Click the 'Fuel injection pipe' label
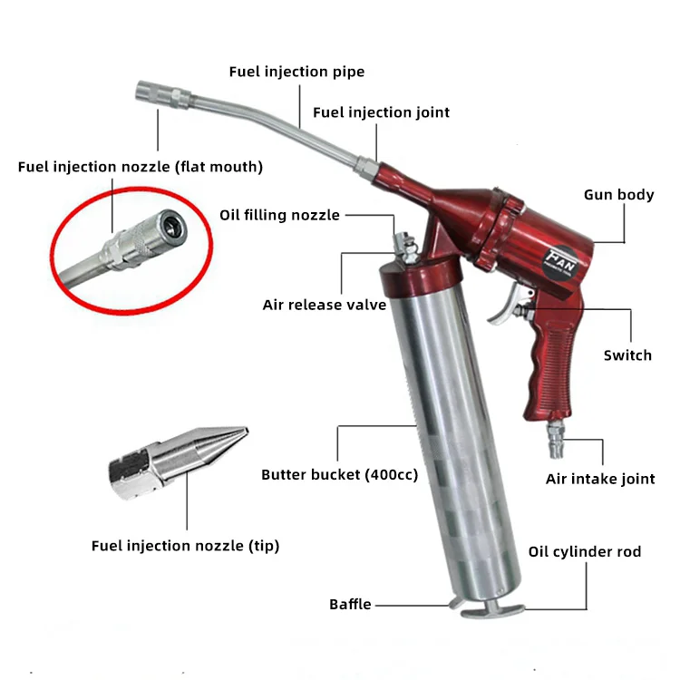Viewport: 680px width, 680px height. (x=296, y=72)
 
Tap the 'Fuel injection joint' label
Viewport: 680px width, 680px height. (x=381, y=112)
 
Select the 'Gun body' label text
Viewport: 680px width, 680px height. (x=619, y=195)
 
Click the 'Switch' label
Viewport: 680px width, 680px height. (x=627, y=355)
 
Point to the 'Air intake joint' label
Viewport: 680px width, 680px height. (x=600, y=479)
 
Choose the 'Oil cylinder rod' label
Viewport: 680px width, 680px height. (x=585, y=551)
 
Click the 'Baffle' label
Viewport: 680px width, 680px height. (x=350, y=604)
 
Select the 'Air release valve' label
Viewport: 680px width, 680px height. (x=325, y=305)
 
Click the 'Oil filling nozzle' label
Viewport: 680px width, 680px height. (x=279, y=215)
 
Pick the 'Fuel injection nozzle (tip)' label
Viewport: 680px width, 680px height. (x=185, y=546)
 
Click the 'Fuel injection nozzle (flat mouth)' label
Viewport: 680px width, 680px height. (x=141, y=167)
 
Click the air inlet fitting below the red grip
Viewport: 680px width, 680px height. (x=552, y=445)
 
